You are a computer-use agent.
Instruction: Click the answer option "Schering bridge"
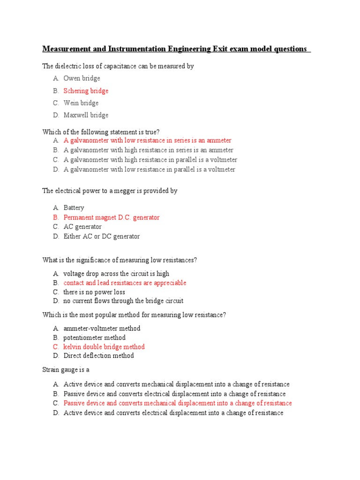point(86,91)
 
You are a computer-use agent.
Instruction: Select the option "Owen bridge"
point(82,78)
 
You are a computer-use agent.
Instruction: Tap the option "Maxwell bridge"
point(86,115)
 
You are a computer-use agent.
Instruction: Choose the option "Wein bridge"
point(81,103)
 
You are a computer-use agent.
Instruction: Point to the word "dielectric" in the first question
point(69,66)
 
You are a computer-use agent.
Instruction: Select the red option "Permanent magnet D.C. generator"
point(112,217)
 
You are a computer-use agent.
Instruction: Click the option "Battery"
point(74,208)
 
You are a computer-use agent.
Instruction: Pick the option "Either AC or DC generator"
point(102,236)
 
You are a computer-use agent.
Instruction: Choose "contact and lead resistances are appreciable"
point(125,283)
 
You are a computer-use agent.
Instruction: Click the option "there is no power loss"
point(94,292)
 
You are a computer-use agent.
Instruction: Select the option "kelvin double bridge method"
point(104,347)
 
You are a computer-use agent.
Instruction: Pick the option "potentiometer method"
point(95,337)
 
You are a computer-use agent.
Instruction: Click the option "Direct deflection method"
point(98,355)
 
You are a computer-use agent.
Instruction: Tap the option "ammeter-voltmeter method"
point(102,328)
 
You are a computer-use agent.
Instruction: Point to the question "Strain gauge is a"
point(66,370)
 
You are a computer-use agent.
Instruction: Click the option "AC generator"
point(82,227)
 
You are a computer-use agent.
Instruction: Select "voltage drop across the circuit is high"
point(116,273)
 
